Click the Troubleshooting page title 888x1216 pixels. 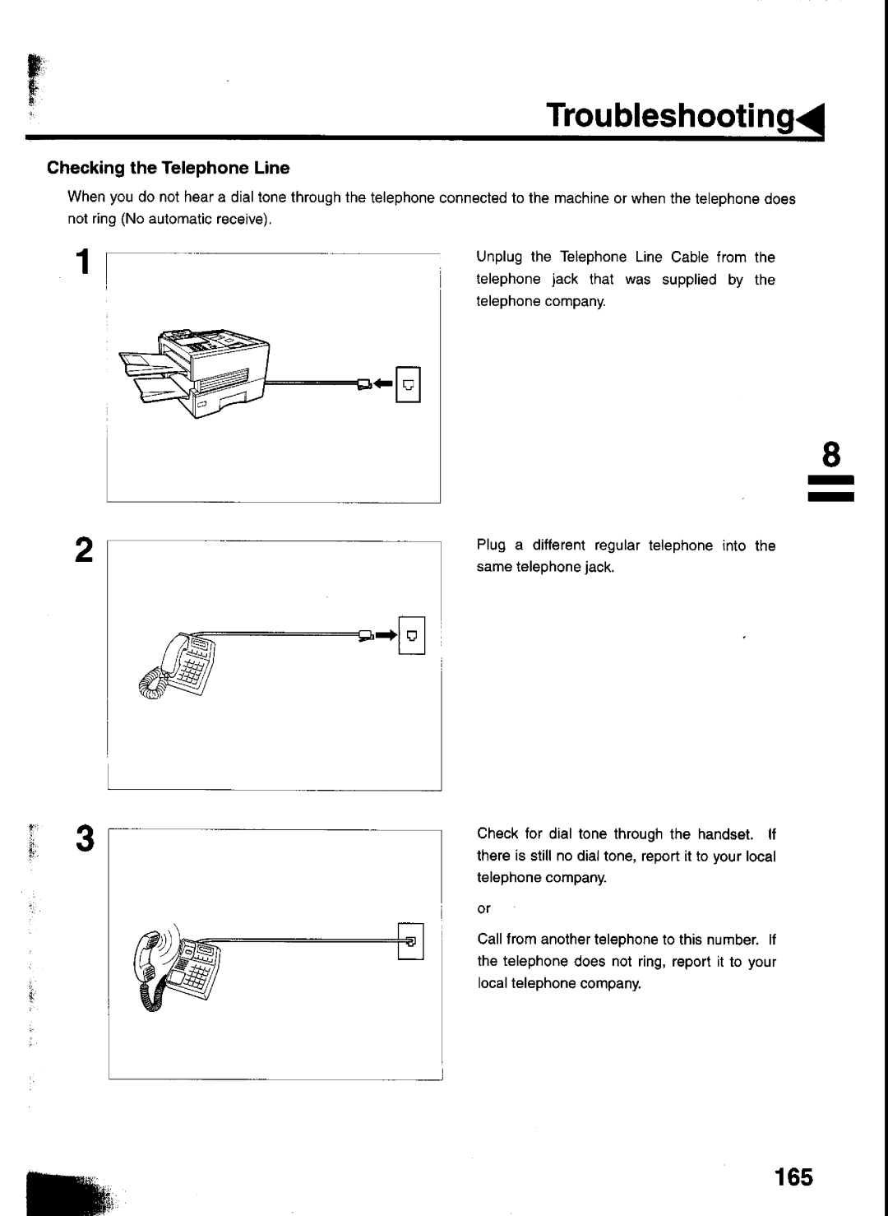tap(670, 116)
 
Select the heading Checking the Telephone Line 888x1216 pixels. tap(169, 168)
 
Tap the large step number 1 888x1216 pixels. tap(83, 262)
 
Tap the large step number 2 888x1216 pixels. tap(84, 550)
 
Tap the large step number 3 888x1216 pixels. tap(86, 838)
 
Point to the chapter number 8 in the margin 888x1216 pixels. tap(831, 454)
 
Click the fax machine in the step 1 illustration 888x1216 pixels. tap(194, 373)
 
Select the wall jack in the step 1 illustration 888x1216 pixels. tap(409, 384)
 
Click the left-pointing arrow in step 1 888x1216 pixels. tap(383, 383)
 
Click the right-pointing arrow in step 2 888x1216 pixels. tap(386, 634)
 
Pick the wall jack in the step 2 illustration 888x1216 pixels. tap(412, 635)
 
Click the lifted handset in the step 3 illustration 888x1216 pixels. tap(146, 956)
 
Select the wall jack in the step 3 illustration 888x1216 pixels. tap(410, 941)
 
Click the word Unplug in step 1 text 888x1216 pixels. tap(499, 258)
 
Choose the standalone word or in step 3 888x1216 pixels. tap(483, 909)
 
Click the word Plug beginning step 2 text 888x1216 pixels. tap(491, 545)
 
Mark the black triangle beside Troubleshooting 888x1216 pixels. tap(812, 119)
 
